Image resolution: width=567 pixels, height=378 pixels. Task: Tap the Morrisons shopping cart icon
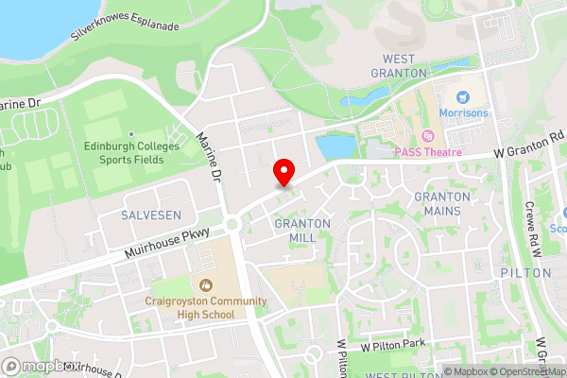(x=463, y=96)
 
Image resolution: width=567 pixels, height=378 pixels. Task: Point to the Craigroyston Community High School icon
(x=205, y=284)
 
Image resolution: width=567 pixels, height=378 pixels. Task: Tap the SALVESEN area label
(x=151, y=215)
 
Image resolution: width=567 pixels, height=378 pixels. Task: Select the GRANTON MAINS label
(x=442, y=203)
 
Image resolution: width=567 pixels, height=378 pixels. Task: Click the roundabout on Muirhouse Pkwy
(x=232, y=225)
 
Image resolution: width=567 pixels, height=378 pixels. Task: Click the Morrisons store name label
(x=465, y=114)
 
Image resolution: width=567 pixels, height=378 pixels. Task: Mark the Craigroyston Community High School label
(x=206, y=308)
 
